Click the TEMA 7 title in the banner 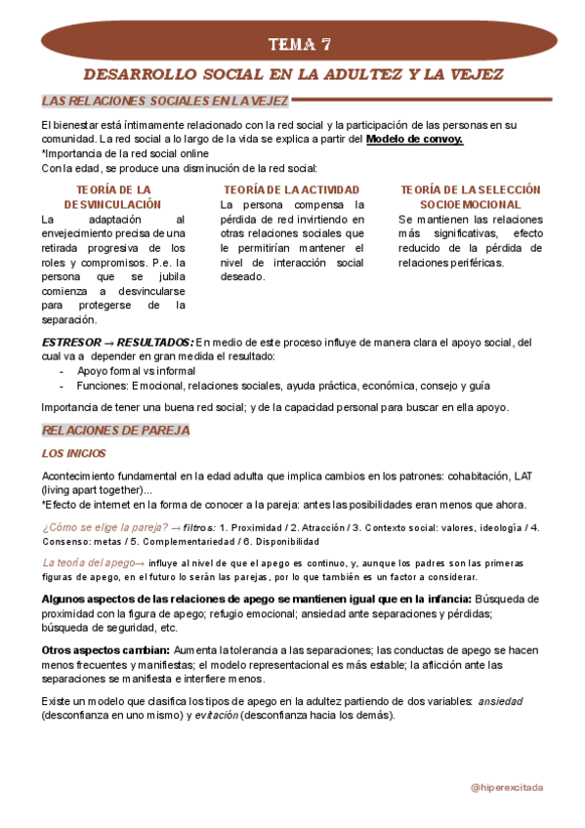tap(299, 44)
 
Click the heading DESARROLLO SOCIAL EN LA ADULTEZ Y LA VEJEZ tap(293, 74)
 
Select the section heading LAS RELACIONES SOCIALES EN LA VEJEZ tap(164, 100)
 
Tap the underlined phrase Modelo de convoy tap(414, 139)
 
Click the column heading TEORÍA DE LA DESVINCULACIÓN tap(112, 196)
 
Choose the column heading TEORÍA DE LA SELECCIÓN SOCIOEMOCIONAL tap(470, 196)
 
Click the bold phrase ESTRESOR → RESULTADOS tap(117, 342)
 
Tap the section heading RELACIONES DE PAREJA tap(115, 431)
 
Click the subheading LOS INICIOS tap(73, 453)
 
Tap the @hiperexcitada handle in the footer tap(507, 787)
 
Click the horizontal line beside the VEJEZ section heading tap(421, 99)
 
